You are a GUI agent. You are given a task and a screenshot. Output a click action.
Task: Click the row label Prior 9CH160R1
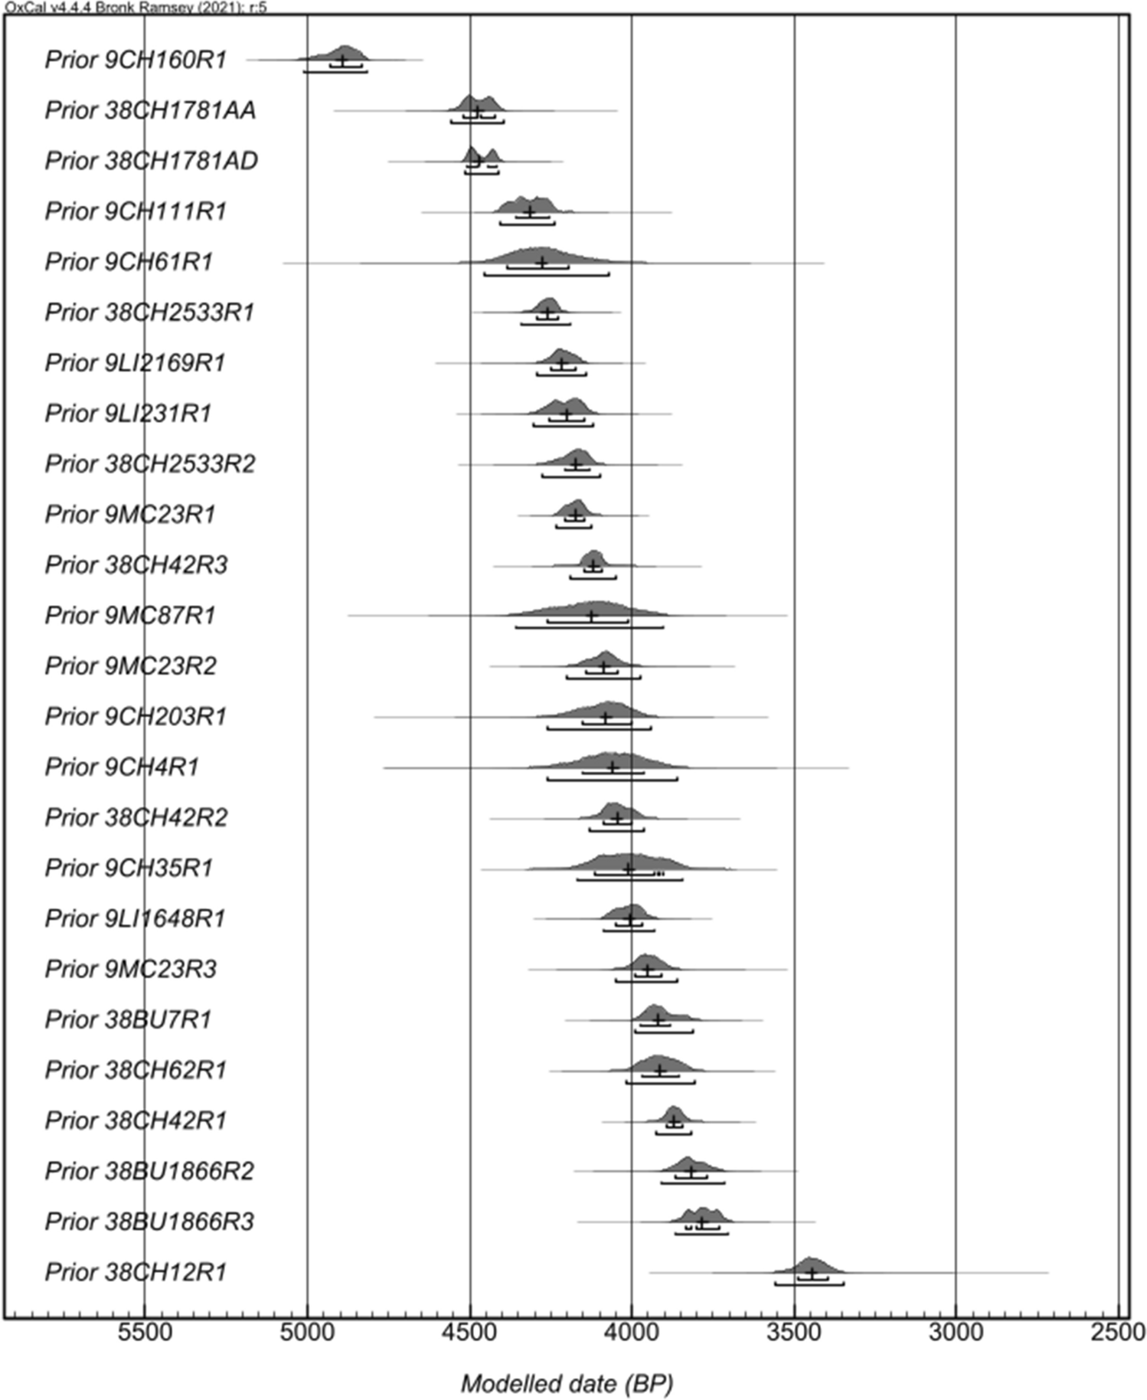136,60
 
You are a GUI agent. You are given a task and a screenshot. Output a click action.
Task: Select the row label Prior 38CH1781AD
151,161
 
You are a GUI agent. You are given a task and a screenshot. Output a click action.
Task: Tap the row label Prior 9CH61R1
129,262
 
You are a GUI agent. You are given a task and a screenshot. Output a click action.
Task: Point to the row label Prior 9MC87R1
130,615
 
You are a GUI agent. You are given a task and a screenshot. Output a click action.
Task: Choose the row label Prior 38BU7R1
128,1019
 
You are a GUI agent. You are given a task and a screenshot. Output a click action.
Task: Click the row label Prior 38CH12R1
136,1272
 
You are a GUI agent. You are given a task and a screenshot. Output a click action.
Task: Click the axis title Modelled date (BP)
567,1384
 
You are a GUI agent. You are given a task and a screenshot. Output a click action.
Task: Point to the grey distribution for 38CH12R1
810,1265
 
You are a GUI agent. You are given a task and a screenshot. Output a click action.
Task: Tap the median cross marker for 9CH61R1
542,263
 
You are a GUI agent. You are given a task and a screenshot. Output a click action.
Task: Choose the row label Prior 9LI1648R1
136,918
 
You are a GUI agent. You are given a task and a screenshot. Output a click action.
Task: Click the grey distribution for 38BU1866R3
701,1215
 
